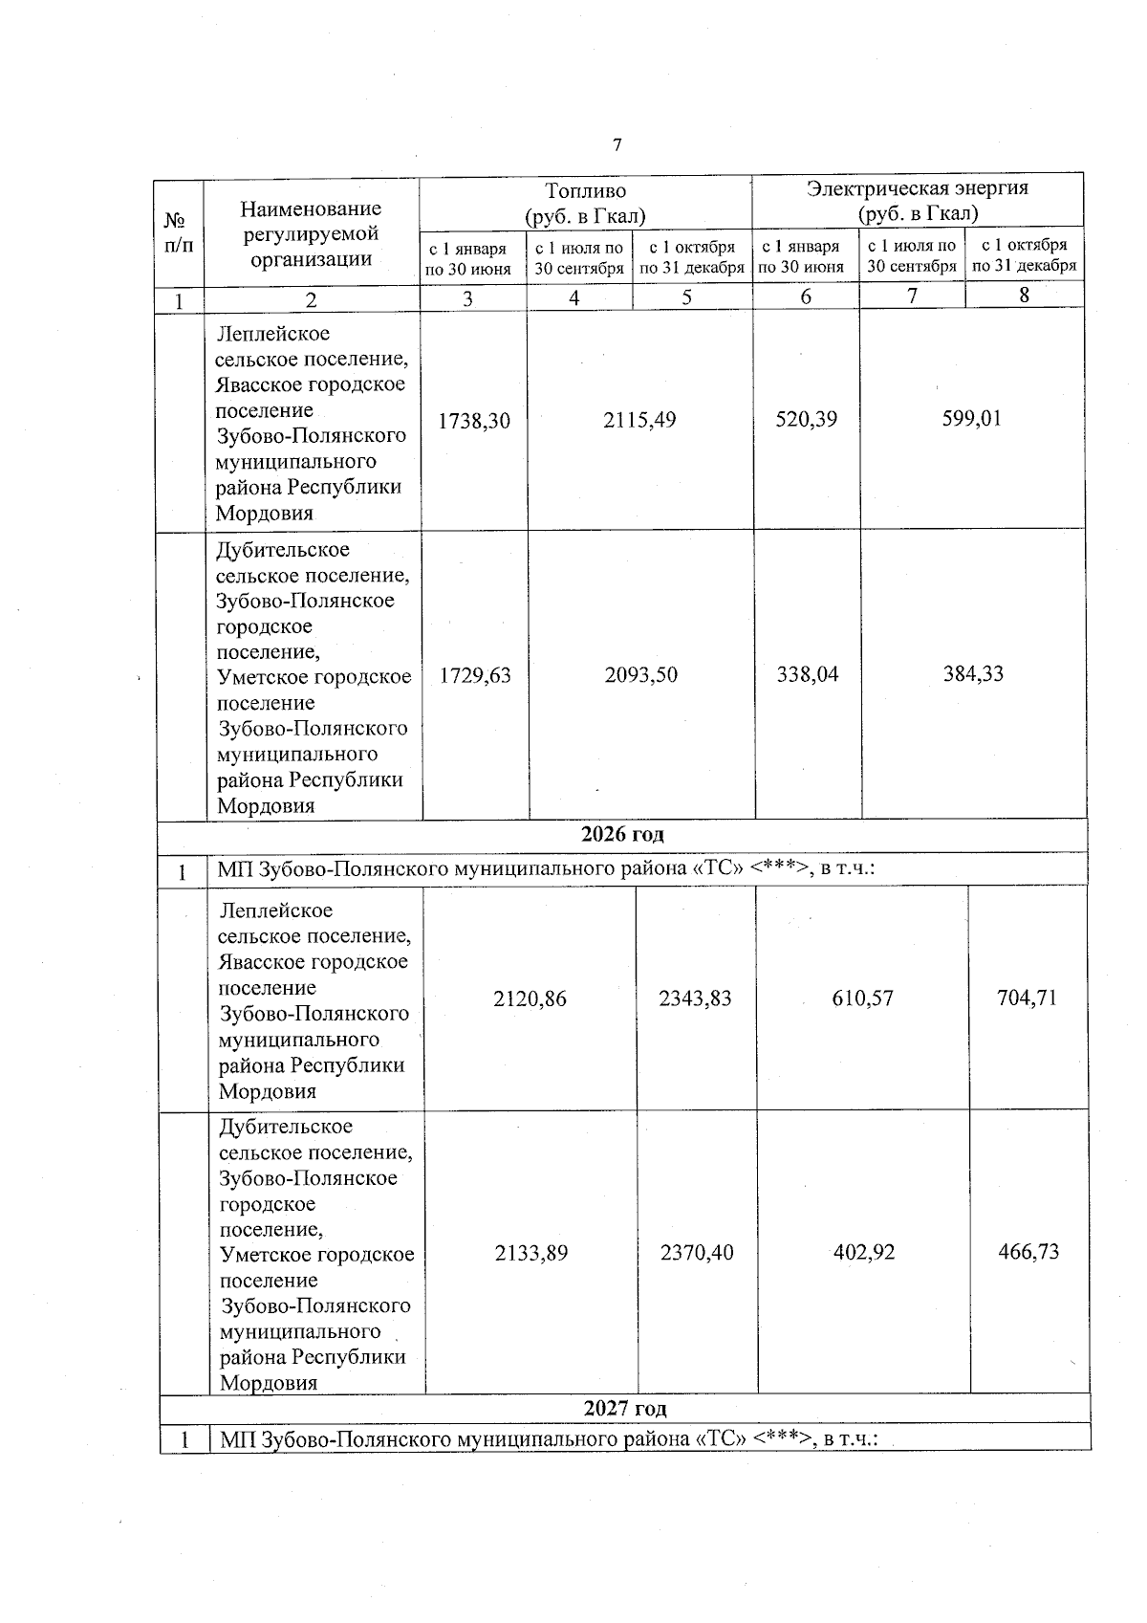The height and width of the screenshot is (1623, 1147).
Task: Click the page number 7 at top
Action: click(617, 145)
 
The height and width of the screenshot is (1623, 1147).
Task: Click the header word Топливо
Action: click(585, 190)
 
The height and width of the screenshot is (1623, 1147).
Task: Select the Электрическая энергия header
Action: click(918, 187)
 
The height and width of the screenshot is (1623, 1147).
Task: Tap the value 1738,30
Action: click(474, 420)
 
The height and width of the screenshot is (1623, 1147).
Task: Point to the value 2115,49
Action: click(639, 420)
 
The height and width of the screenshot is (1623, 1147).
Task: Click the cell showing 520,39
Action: click(807, 419)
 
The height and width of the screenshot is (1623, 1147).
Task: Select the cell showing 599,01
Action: click(972, 418)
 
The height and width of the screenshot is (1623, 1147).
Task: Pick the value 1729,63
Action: click(475, 675)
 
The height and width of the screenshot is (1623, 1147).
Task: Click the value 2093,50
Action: click(641, 674)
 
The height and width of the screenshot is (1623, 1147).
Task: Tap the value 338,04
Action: click(808, 674)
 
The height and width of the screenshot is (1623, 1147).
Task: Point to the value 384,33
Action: click(974, 673)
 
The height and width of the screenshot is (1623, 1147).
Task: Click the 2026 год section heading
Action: click(622, 834)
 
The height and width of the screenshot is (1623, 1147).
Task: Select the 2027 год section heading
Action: click(625, 1408)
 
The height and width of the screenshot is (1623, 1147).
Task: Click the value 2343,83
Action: click(696, 998)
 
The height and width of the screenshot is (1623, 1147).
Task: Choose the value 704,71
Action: click(1028, 998)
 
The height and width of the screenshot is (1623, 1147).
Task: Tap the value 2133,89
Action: click(531, 1253)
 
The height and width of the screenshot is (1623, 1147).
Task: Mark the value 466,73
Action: click(1029, 1252)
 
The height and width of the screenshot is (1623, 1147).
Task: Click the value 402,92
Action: click(864, 1252)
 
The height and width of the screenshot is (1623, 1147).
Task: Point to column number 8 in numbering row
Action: click(1024, 296)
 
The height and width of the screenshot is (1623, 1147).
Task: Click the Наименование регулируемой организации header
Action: click(311, 233)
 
